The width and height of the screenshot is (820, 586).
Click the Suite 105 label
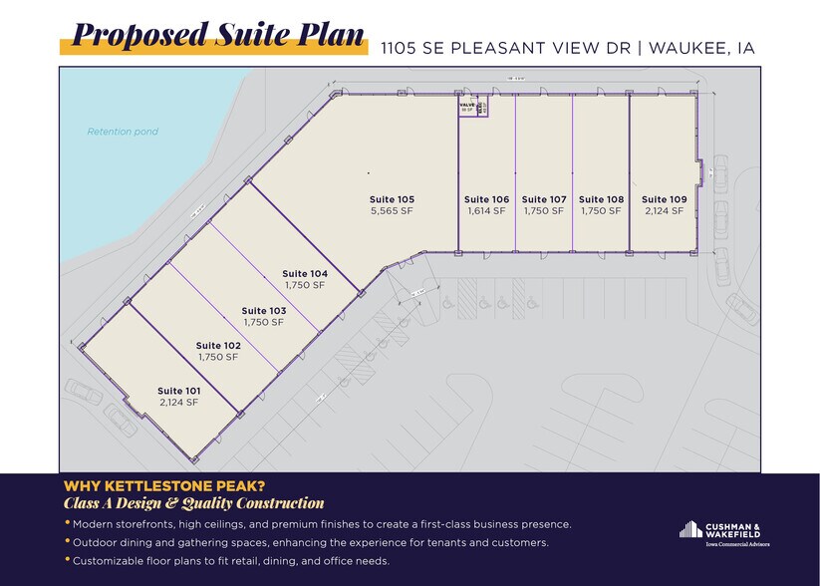[x=392, y=199]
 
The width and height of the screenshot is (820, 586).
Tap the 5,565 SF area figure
[x=392, y=211]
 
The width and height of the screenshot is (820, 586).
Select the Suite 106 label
[x=486, y=199]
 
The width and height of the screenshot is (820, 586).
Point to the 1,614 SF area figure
[x=486, y=211]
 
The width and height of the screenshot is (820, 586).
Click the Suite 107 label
[x=544, y=199]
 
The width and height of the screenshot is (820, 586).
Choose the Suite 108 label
[x=601, y=199]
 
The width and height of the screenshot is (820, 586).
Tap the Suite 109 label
[x=664, y=199]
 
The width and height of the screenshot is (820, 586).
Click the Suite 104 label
[x=305, y=273]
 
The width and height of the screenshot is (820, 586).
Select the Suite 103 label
[x=264, y=310]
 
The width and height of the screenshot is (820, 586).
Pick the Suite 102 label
[x=218, y=346]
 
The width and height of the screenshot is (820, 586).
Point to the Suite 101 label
[x=179, y=391]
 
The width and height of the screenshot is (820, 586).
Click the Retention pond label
[x=123, y=132]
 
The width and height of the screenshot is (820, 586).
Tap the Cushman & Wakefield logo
[x=723, y=532]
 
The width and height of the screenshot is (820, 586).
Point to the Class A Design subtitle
[x=193, y=503]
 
